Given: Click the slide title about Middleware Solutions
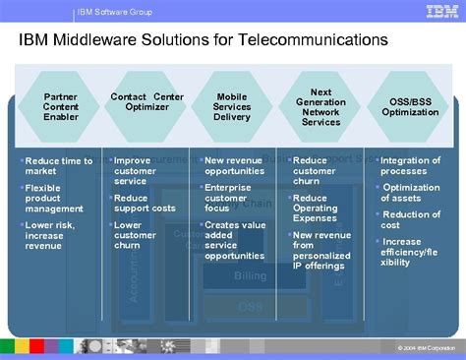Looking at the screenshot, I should [x=204, y=41].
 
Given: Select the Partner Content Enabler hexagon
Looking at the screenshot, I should [x=61, y=106].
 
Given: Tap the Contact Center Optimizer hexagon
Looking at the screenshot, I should [x=146, y=101].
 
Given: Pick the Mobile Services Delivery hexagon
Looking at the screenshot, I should [x=232, y=106].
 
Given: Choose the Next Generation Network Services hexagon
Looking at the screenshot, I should [x=320, y=106].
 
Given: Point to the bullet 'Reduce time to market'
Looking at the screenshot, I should [x=58, y=166].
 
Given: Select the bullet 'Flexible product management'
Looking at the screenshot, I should [x=54, y=198].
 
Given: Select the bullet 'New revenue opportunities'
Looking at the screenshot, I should [x=234, y=166].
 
